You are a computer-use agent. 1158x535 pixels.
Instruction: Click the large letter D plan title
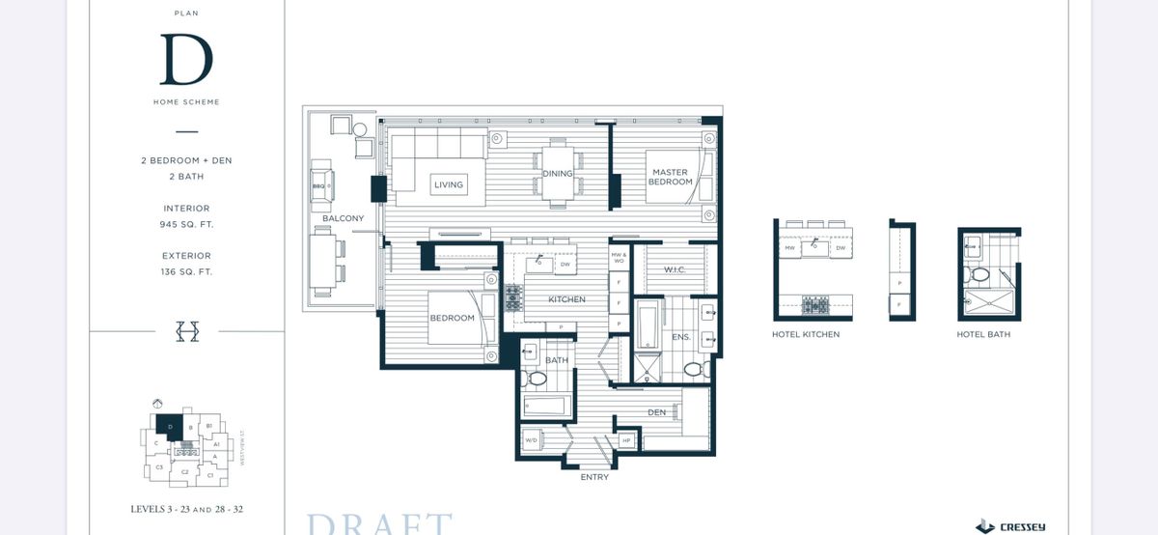186,59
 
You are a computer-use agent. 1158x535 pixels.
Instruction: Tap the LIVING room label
449,184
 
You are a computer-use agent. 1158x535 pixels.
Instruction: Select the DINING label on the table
557,174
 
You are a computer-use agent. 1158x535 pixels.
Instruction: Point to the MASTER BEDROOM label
670,177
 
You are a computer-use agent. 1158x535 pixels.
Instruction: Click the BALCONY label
343,218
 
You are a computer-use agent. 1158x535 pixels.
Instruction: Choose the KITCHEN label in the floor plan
566,299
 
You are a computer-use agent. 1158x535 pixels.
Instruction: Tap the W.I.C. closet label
675,269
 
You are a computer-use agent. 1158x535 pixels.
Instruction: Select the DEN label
657,412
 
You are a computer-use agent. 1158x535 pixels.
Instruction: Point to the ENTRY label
593,477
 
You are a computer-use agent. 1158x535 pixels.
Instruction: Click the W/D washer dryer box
531,440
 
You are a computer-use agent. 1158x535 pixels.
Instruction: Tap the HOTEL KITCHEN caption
806,334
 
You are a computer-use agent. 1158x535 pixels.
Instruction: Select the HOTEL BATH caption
983,334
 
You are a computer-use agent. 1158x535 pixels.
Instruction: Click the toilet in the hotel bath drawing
979,276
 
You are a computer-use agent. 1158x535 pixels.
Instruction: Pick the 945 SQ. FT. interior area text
186,224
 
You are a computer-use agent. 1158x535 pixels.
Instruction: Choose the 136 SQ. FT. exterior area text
186,271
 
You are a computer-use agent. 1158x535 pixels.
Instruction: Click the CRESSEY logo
1011,526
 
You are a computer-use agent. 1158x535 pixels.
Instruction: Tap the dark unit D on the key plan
170,425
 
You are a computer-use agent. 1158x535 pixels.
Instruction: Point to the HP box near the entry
626,440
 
